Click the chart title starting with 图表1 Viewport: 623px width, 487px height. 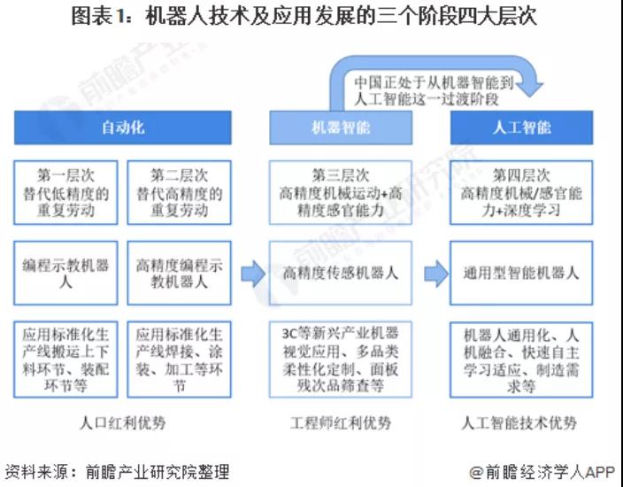click(311, 17)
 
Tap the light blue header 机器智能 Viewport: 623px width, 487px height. click(341, 128)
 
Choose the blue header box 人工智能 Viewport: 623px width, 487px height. click(520, 128)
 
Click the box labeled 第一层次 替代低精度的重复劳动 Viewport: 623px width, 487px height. click(66, 192)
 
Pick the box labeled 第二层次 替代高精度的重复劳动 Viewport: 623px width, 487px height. click(179, 192)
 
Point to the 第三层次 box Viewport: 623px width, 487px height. click(341, 192)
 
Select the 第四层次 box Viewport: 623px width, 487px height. click(520, 192)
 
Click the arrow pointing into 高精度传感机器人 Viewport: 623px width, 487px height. click(254, 274)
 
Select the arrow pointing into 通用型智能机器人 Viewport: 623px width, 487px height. click(434, 274)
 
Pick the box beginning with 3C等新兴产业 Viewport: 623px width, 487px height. click(341, 359)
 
